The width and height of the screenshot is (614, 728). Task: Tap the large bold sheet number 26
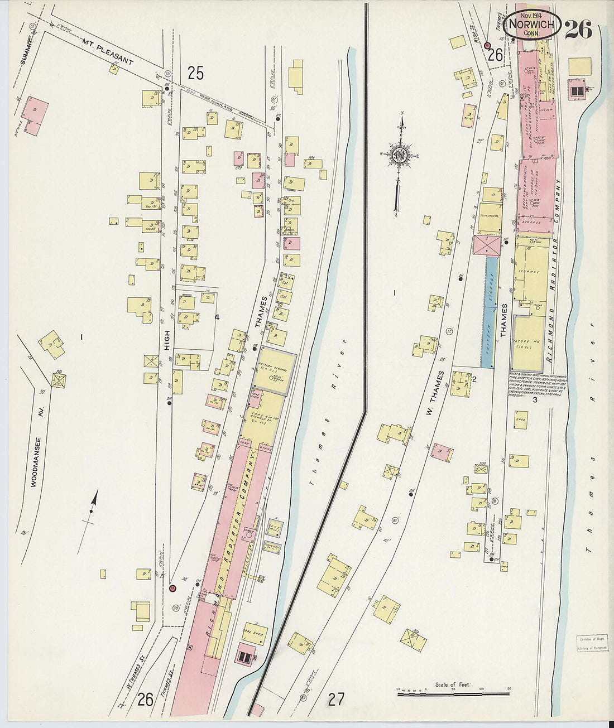coord(578,30)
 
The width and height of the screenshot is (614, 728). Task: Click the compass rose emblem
coord(400,155)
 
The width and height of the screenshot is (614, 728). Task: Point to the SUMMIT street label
coord(25,51)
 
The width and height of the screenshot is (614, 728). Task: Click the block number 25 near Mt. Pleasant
coord(195,73)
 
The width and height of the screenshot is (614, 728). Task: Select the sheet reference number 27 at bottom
coord(336,699)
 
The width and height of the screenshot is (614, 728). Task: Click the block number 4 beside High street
coord(217,317)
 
